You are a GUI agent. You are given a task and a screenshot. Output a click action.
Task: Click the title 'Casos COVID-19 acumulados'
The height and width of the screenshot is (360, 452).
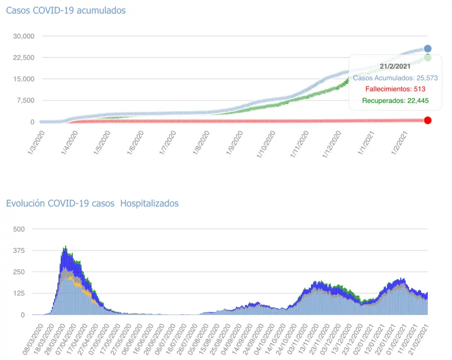coord(65,10)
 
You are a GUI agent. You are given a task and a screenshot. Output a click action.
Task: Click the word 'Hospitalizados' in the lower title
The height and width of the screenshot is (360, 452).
coord(149,203)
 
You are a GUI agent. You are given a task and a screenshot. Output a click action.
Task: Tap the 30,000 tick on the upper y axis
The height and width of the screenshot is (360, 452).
coord(23,36)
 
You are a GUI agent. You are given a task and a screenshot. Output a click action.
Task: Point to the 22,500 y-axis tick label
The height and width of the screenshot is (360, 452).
coord(23,57)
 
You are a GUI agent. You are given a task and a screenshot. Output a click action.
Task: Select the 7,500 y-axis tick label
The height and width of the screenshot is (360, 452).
coord(25,100)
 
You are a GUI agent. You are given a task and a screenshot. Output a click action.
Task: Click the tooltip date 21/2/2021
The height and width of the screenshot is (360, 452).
coord(395,65)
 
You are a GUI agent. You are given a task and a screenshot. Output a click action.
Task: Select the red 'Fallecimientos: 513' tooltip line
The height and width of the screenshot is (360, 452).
coord(395,89)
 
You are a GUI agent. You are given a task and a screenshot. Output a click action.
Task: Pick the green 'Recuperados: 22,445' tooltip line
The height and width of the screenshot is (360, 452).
coord(395,101)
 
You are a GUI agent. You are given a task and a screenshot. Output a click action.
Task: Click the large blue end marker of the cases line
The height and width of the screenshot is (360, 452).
coord(428,48)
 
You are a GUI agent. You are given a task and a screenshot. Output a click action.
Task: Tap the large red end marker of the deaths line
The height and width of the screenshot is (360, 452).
coord(428,120)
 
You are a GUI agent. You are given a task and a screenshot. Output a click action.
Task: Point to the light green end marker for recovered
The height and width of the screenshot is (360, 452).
coord(428,58)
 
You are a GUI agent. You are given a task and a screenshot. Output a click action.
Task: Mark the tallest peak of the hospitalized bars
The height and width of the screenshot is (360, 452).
coord(65,247)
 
